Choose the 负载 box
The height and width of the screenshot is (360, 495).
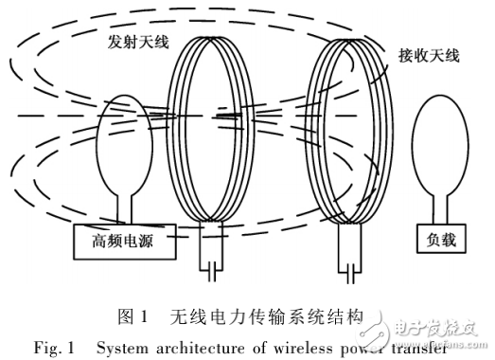click(441, 241)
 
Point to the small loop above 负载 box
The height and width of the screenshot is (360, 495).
click(441, 147)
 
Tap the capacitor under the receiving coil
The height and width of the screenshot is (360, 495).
click(353, 272)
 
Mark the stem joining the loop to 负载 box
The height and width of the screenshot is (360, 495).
click(441, 207)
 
